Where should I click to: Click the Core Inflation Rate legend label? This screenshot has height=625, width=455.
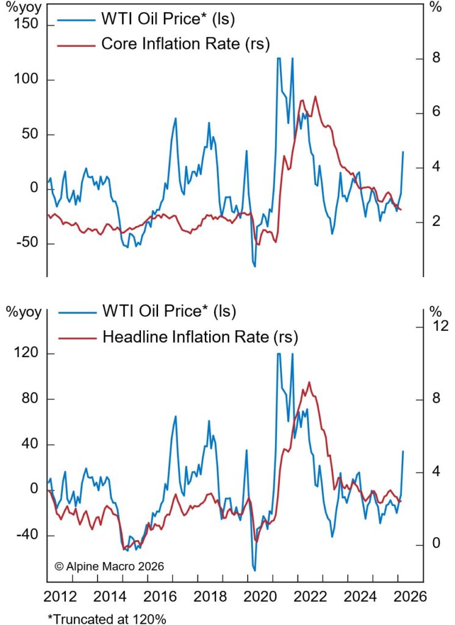point(185,43)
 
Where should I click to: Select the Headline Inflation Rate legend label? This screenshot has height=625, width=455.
point(199,336)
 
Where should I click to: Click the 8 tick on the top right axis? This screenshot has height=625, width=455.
point(436,59)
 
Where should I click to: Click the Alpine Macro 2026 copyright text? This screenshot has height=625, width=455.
point(109,566)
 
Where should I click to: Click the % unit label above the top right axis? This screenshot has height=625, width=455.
point(435,7)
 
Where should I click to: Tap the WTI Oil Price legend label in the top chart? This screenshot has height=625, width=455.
point(167,20)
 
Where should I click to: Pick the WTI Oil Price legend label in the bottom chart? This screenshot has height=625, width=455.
point(168,311)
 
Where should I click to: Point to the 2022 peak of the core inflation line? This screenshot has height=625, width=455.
point(315,96)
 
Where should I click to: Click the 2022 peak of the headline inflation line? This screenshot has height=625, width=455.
point(309,382)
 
